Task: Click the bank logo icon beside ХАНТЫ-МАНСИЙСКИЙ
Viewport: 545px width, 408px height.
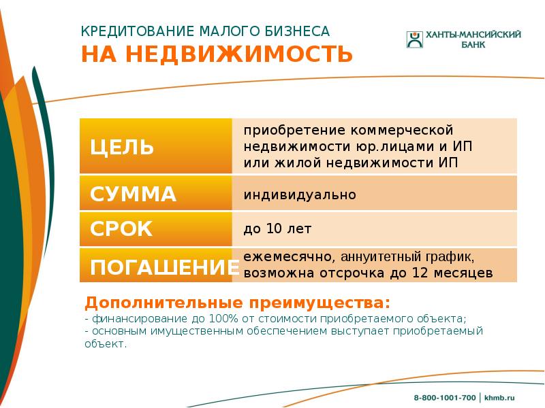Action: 415,39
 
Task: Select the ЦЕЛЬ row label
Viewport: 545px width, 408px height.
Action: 122,147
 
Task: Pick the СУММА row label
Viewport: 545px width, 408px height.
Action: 133,194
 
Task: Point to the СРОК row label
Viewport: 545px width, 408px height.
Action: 121,229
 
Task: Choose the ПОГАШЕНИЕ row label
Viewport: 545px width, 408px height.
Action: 160,267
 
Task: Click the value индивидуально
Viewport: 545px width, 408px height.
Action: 300,195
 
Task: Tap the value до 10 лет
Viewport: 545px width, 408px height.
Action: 277,229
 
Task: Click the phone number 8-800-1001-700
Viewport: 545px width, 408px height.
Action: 445,396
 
